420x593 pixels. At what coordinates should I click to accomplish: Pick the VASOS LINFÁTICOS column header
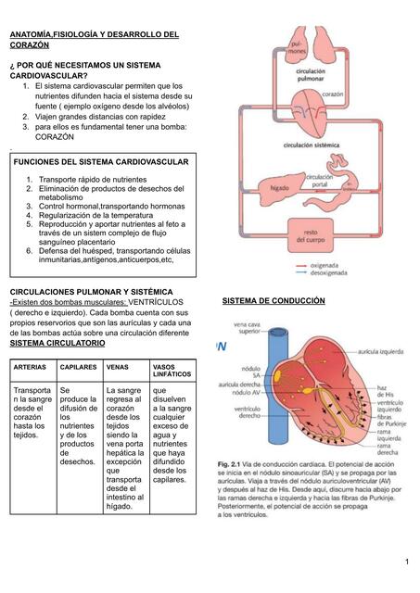[x=169, y=372]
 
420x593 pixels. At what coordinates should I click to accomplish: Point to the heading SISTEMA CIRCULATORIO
[x=57, y=343]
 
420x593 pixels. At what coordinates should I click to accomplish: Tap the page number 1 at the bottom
[x=406, y=562]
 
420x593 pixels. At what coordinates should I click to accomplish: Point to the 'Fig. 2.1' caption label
[x=231, y=463]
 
